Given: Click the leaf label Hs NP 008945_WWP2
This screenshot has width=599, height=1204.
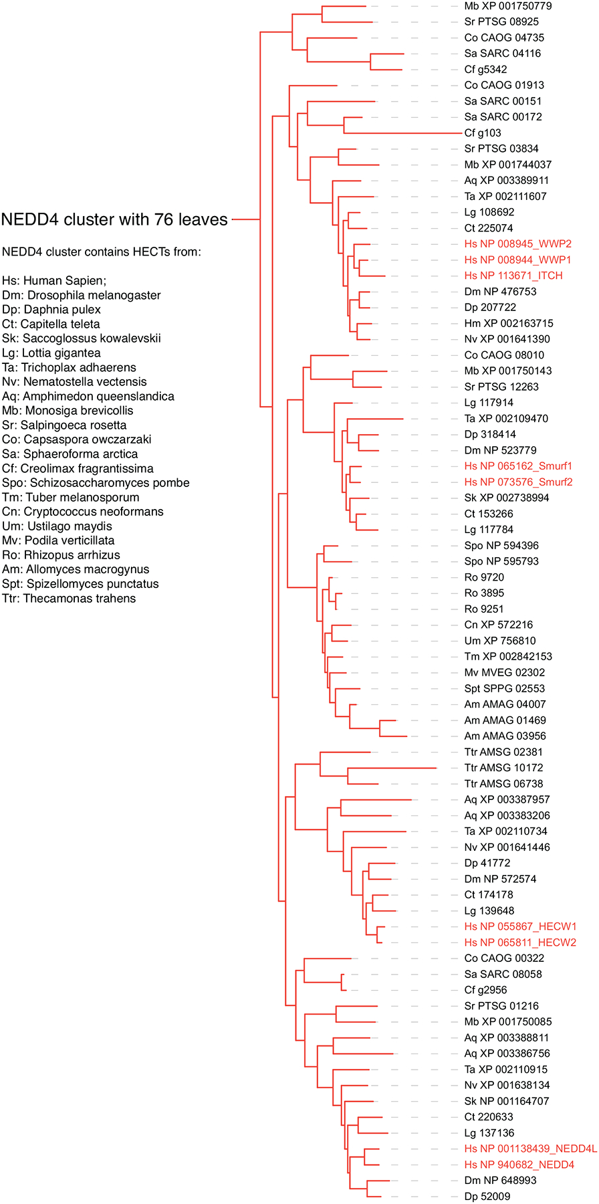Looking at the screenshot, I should (517, 244).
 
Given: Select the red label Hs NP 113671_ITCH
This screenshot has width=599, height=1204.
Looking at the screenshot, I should (513, 276).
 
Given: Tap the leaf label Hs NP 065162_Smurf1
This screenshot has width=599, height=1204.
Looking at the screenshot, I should (518, 466).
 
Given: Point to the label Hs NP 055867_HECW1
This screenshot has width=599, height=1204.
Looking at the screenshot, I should (520, 926).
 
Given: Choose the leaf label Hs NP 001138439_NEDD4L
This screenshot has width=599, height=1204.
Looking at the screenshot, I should (530, 1148).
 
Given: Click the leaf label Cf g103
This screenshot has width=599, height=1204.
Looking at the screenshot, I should (482, 133).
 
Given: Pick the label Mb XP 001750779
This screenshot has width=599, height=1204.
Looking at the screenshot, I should (507, 6).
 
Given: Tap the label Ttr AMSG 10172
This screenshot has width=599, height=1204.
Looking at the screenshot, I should (503, 768).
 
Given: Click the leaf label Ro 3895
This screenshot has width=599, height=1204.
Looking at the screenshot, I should (484, 593).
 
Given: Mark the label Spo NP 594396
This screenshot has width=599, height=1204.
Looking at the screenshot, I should (501, 546).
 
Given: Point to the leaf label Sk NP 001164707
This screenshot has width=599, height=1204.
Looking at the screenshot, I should (507, 1101).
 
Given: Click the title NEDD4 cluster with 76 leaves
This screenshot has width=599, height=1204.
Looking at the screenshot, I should (114, 219).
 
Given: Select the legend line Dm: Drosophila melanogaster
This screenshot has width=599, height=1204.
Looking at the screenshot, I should (81, 295).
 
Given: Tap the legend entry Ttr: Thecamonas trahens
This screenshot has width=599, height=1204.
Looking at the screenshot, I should (69, 599).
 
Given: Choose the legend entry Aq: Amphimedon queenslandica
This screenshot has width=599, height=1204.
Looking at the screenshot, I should (88, 396).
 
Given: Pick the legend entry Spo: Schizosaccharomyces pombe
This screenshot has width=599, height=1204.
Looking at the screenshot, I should (96, 483).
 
